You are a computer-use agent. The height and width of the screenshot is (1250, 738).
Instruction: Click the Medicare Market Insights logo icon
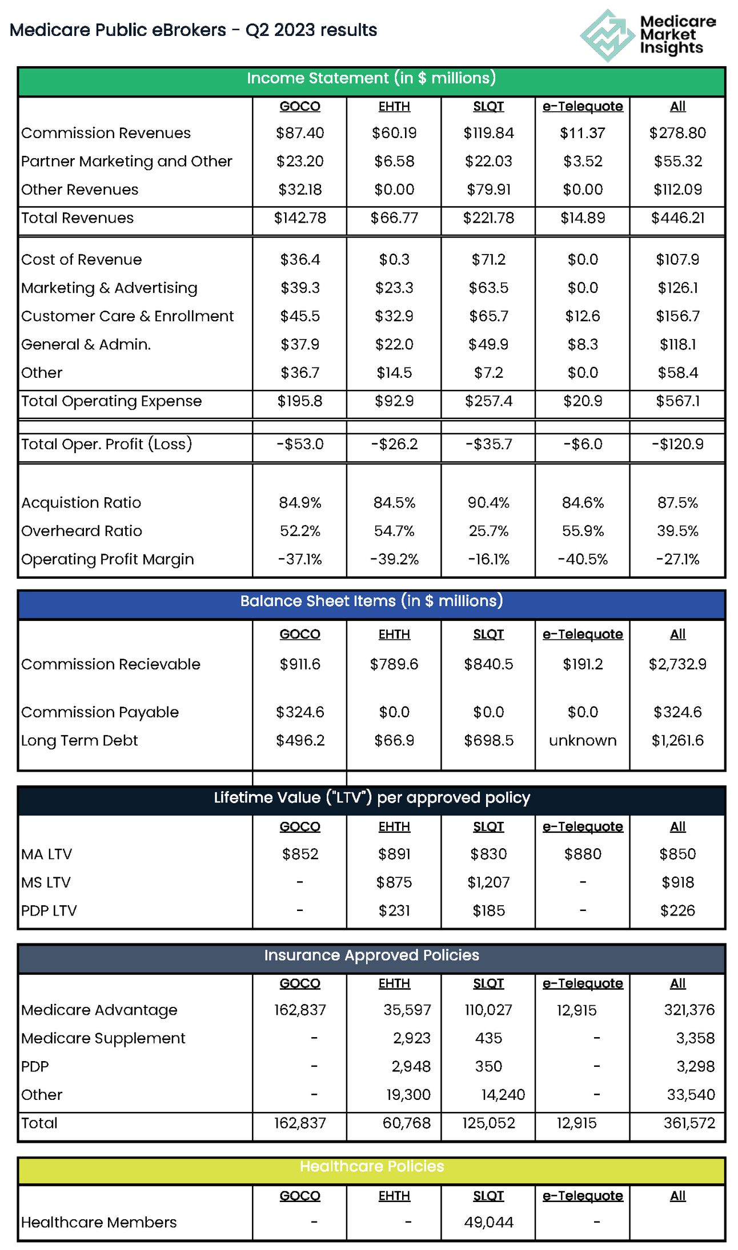pos(607,35)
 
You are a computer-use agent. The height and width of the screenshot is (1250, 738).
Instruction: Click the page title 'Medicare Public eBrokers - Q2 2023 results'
pos(193,30)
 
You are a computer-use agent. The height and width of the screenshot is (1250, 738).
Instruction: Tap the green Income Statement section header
pos(371,79)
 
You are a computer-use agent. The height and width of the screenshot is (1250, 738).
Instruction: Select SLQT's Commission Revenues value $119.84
pos(488,133)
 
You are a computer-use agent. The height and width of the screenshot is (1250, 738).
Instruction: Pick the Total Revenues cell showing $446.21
pos(677,218)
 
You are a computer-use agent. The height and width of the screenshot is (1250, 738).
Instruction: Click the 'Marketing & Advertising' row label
pos(109,288)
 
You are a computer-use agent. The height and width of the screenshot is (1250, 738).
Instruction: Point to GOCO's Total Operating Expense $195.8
pos(300,401)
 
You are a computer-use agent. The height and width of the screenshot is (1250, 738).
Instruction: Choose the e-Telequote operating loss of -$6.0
pos(583,444)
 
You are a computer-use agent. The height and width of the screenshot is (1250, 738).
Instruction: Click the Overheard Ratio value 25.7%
pos(488,531)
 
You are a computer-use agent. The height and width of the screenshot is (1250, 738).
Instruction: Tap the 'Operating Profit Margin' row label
pos(107,559)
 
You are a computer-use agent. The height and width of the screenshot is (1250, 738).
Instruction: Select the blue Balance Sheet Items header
pos(371,602)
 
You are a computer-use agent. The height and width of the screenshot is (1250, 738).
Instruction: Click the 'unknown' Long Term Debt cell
pos(583,741)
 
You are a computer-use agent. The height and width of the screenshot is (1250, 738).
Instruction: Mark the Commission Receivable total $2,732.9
pos(677,664)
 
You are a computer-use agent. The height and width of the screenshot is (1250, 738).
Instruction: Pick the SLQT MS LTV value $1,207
pos(488,883)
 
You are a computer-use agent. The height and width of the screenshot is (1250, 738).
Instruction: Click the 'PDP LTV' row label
pos(49,911)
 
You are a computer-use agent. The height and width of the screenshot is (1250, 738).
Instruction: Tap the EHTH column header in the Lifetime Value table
pos(394,827)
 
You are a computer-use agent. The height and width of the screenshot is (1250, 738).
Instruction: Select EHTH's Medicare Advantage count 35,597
pos(407,1010)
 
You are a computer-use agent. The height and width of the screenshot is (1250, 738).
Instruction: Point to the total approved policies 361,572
pos(689,1123)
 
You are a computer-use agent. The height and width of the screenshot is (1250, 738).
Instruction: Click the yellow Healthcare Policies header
pos(371,1167)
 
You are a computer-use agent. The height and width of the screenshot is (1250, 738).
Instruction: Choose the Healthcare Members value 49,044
pos(488,1222)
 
